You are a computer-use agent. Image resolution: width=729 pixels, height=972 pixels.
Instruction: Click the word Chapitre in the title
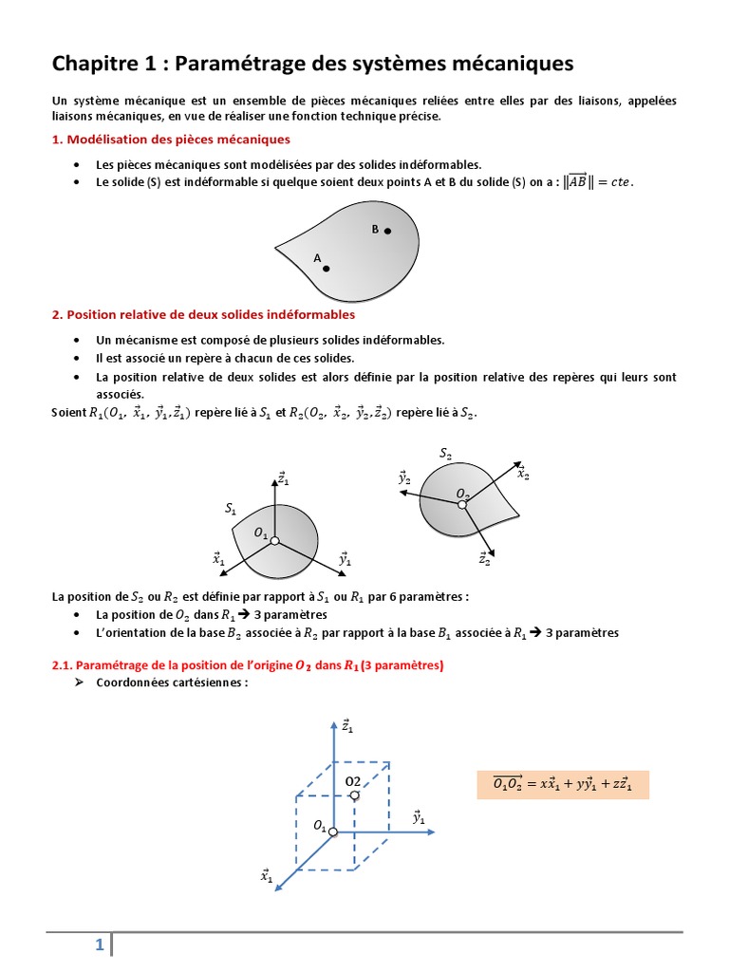click(93, 64)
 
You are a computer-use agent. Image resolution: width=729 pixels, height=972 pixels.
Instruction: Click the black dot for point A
click(326, 269)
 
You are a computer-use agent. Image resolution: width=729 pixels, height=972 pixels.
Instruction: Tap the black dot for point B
click(387, 231)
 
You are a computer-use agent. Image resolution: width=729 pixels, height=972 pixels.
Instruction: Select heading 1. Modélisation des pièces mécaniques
click(171, 140)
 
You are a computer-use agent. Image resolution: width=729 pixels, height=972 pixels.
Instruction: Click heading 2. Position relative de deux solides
click(203, 313)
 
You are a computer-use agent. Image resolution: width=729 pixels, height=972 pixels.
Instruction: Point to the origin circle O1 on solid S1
click(274, 541)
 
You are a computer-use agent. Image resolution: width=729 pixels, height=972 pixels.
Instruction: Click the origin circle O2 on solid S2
click(462, 504)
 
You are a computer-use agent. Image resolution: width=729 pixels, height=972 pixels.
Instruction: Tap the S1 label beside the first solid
click(231, 510)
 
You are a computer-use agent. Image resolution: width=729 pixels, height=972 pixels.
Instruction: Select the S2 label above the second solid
click(446, 455)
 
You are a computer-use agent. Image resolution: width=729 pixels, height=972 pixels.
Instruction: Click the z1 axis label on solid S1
click(284, 478)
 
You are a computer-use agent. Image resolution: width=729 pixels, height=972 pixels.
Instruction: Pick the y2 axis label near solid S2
click(405, 478)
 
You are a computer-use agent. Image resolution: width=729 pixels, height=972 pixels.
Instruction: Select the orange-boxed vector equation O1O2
click(563, 784)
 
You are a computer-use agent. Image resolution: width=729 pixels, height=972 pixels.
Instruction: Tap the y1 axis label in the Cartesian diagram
click(419, 817)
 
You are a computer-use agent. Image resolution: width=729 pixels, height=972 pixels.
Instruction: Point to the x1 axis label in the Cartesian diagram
click(268, 877)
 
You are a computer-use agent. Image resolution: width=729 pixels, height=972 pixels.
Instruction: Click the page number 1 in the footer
click(98, 944)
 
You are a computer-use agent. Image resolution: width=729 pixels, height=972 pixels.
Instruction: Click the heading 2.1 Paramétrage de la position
click(247, 665)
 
